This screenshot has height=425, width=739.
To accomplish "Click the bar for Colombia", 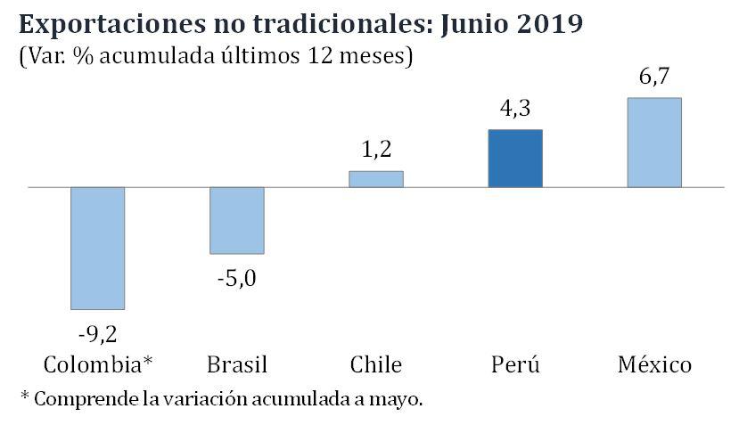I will (x=97, y=248).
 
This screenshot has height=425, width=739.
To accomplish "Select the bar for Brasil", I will (x=236, y=220).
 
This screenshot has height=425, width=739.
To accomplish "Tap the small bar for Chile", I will (x=375, y=179).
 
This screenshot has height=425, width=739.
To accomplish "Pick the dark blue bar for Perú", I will (x=515, y=159).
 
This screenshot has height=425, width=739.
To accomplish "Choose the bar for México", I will (x=654, y=143).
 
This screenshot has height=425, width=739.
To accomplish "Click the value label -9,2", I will (x=98, y=335).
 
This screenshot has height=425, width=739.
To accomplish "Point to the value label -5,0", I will (x=236, y=279).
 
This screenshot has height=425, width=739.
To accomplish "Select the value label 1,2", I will (x=376, y=149).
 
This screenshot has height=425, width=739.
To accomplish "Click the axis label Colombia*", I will (x=98, y=364).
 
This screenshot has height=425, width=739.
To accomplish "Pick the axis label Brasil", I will (x=236, y=364).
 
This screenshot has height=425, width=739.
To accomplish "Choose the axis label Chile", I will (x=376, y=364).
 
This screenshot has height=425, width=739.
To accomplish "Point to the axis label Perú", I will (x=515, y=364).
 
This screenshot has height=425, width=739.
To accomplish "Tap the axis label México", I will (x=654, y=364).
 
